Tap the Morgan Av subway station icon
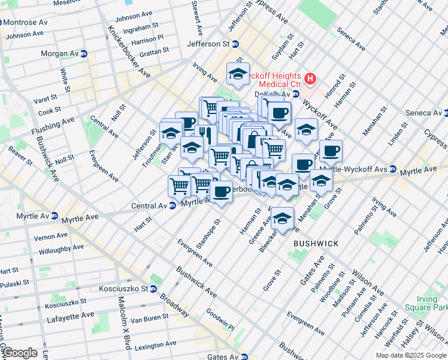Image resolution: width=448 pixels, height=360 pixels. point(84,53)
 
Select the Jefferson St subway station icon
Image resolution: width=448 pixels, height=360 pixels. point(235,44)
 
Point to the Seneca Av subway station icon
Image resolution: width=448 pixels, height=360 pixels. point(446,112)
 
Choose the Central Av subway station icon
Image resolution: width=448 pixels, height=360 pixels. point(172,205)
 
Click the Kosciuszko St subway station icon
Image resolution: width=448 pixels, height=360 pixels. point(153,289)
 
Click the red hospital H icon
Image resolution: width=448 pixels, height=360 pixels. point(310,78)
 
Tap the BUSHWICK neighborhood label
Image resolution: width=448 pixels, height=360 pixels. point(316,244)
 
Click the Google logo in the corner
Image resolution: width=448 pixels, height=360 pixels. point(19,352)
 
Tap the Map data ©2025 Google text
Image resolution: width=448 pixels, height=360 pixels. point(411,355)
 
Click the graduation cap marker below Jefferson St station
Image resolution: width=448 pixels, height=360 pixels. point(238,74)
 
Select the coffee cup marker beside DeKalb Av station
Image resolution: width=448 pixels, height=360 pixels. point(279,112)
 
